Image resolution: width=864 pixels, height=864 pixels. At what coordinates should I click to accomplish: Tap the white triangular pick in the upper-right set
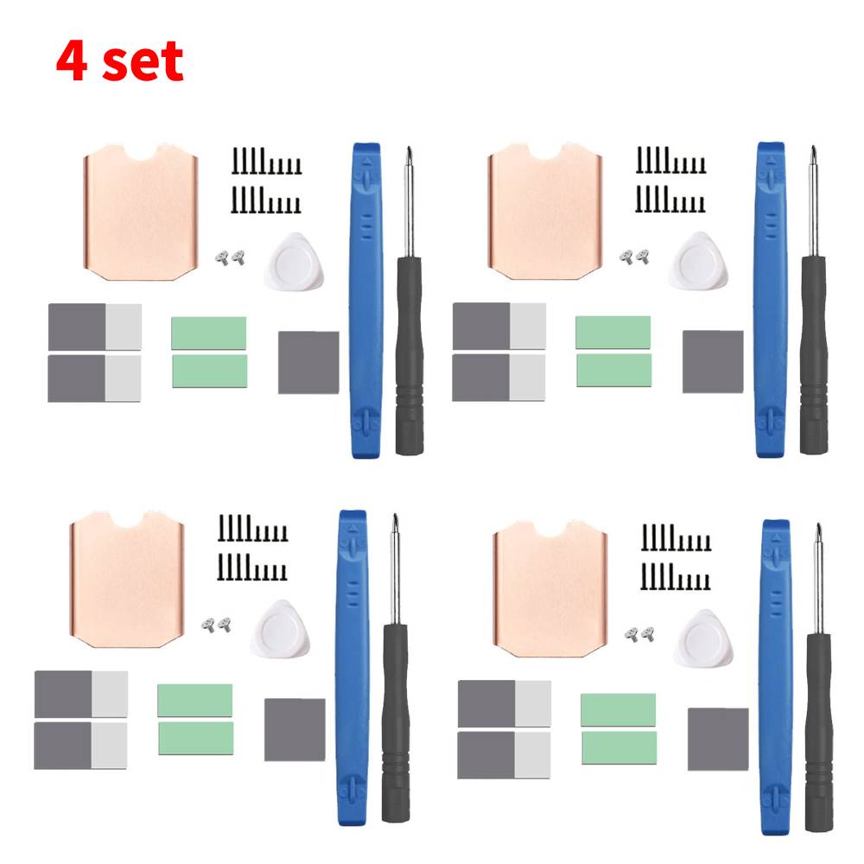click(x=698, y=261)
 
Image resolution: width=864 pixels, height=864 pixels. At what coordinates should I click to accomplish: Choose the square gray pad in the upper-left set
click(x=308, y=362)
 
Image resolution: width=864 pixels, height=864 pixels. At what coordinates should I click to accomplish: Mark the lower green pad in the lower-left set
click(x=195, y=738)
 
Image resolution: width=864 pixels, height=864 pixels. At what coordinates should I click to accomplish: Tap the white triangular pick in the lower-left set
click(x=278, y=626)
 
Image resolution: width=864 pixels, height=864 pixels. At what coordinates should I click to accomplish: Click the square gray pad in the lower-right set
click(x=718, y=739)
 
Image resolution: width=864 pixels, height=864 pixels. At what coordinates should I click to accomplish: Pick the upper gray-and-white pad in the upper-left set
click(x=94, y=327)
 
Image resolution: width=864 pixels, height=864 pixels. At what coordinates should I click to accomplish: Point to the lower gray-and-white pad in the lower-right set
click(x=504, y=755)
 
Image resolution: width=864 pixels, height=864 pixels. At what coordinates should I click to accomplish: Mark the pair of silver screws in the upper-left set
click(x=231, y=256)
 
